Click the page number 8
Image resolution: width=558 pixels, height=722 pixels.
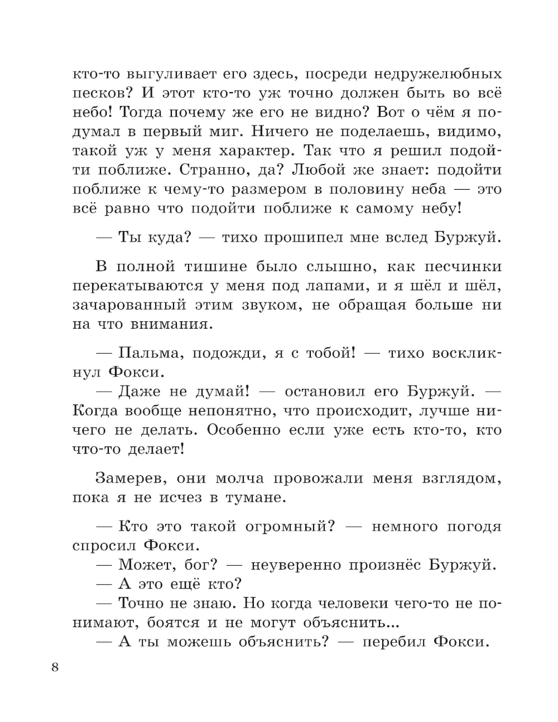pyautogui.click(x=54, y=668)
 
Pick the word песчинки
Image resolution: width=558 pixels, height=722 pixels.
pyautogui.click(x=457, y=267)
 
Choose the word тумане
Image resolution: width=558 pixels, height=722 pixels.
pyautogui.click(x=256, y=497)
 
